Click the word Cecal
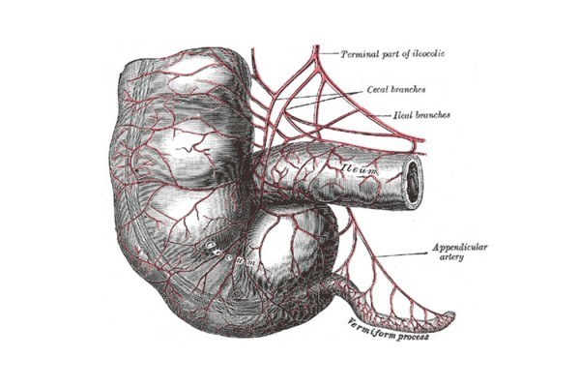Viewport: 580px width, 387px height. (379, 89)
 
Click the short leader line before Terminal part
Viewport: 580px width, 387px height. (330, 53)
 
